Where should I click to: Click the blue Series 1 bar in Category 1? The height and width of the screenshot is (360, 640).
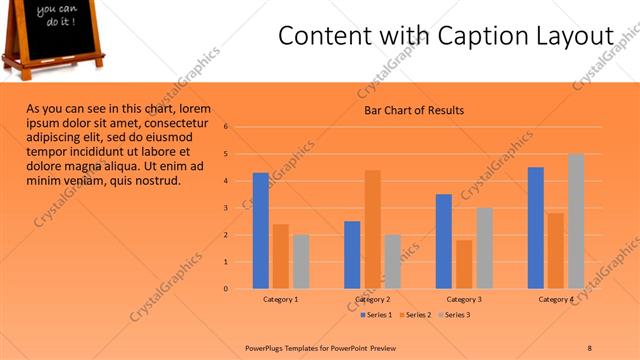[260, 231]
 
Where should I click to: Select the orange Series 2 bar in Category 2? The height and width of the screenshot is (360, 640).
[372, 229]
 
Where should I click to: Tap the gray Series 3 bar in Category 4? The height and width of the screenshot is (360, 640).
[576, 221]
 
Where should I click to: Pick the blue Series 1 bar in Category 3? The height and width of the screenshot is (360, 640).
[444, 241]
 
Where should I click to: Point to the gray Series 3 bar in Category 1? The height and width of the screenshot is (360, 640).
[301, 262]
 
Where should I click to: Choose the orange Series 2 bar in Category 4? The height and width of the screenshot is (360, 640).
[556, 250]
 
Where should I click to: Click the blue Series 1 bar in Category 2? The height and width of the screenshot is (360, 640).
[352, 255]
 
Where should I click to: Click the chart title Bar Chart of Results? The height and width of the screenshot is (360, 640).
[413, 111]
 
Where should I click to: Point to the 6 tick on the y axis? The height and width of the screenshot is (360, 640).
[227, 127]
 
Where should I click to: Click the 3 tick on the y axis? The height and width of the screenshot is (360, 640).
[227, 208]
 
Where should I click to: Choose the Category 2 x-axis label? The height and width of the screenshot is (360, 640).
[372, 299]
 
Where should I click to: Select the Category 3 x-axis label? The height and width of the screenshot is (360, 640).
[464, 299]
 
